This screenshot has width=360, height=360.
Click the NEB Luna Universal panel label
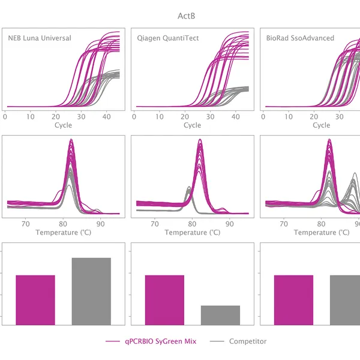[39, 38]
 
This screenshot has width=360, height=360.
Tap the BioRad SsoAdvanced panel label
[300, 38]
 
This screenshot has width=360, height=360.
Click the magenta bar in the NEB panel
[35, 300]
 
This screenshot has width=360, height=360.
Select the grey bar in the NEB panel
[92, 292]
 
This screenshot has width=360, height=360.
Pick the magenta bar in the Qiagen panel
[164, 300]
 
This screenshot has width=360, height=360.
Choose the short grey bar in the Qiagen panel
[220, 316]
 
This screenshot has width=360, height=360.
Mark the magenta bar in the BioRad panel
[293, 300]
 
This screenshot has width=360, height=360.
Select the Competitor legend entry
[247, 341]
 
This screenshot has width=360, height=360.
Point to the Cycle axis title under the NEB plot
[63, 125]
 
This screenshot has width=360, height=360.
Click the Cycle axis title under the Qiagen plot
[192, 125]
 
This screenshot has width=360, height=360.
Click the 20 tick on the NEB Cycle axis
[56, 116]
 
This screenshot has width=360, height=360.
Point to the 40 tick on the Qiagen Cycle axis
[235, 116]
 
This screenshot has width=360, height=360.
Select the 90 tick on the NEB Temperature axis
[101, 223]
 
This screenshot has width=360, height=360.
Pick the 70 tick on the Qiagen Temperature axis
[155, 223]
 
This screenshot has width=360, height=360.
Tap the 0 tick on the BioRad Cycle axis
[265, 116]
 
